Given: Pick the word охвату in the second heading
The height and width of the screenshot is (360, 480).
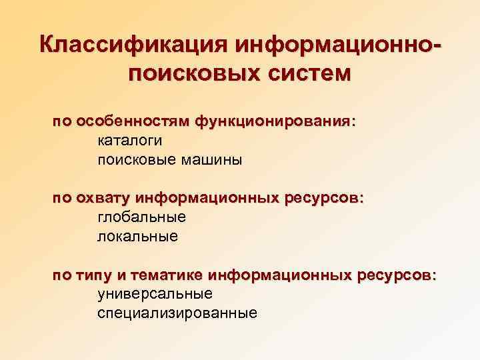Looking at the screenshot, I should (101, 199).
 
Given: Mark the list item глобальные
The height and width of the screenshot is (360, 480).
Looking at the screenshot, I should (141, 217).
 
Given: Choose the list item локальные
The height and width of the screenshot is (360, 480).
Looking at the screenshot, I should (137, 236).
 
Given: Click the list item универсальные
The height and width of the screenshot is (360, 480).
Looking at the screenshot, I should (155, 293).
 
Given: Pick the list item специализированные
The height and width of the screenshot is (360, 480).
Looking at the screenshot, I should (177, 313).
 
